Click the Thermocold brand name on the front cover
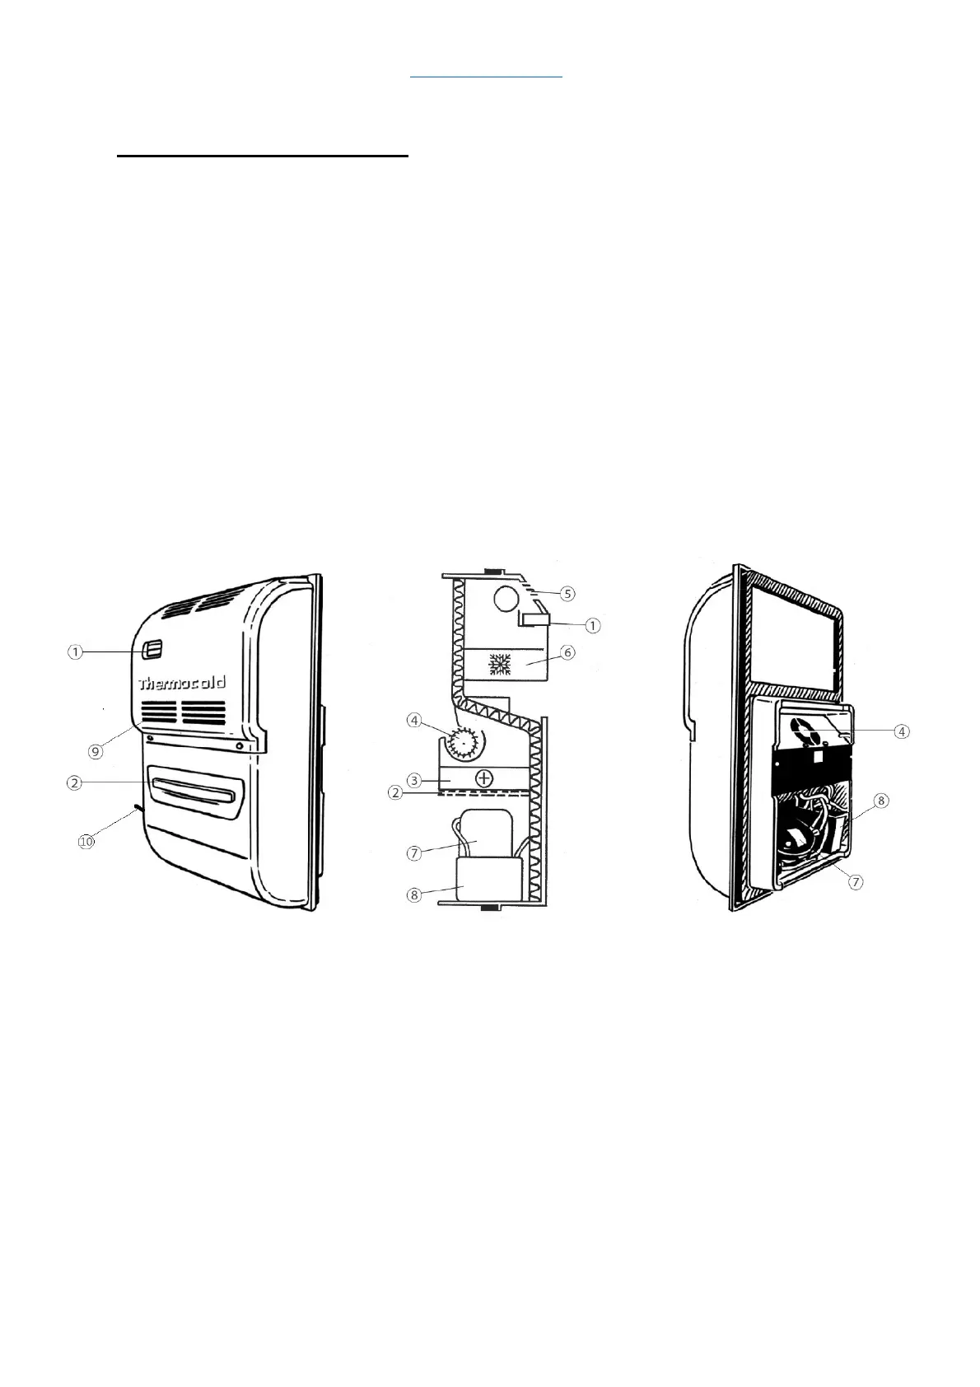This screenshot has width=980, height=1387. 182,683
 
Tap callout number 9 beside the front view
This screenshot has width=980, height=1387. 97,750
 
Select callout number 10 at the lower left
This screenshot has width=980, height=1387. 86,841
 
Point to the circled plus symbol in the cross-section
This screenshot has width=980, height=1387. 485,777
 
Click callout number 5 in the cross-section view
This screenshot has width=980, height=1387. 567,592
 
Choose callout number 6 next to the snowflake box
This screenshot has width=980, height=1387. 567,651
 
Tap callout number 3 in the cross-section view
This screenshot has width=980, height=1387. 415,779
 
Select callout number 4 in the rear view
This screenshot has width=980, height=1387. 903,731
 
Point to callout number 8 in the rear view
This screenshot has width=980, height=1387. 881,800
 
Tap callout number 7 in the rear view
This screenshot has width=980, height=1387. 856,882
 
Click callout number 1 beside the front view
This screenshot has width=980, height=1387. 75,652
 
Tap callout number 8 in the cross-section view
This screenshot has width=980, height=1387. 415,895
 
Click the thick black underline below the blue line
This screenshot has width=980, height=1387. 263,154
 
